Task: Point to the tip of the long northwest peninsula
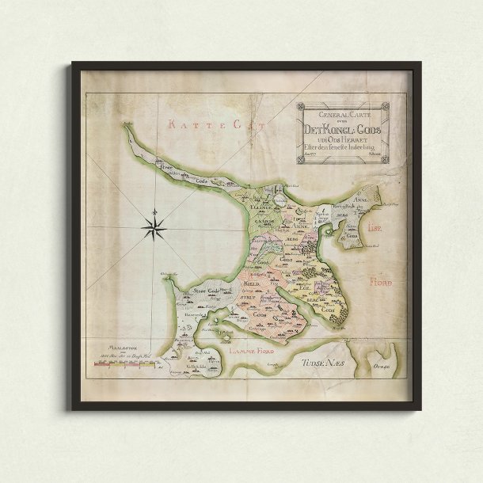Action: [x=126, y=124]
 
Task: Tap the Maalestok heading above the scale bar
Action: [x=105, y=345]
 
